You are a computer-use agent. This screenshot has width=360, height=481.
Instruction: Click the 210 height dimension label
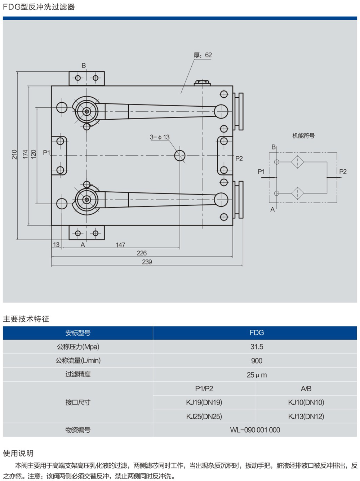click(x=14, y=155)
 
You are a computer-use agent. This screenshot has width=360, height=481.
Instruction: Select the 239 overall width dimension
click(x=147, y=262)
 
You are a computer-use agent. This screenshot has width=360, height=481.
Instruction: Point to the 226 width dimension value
click(x=142, y=253)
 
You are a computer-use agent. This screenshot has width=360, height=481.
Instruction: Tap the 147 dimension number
click(x=120, y=245)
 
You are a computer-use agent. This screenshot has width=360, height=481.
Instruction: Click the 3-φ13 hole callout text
click(x=160, y=137)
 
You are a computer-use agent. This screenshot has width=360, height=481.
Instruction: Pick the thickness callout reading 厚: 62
click(x=203, y=55)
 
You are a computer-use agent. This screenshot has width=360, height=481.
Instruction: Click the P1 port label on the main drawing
click(x=47, y=152)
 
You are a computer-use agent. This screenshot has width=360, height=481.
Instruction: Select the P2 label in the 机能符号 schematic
click(x=343, y=172)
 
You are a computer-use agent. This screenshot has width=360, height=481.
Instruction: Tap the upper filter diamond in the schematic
click(x=298, y=162)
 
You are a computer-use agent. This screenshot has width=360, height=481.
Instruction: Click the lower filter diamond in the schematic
click(x=298, y=193)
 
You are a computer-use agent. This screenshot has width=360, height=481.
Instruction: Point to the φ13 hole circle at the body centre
click(x=180, y=156)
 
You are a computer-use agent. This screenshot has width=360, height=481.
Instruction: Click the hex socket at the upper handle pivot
click(x=87, y=112)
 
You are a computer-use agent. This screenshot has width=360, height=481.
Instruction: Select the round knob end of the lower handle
click(x=221, y=200)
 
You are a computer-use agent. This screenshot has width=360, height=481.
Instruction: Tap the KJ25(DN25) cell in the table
click(x=204, y=417)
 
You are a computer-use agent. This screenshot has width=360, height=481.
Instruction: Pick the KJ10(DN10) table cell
click(x=306, y=402)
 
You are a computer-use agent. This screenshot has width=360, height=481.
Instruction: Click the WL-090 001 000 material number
click(x=255, y=430)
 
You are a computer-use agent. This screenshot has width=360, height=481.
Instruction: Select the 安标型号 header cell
click(x=78, y=333)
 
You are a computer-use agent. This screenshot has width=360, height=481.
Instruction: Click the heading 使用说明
click(x=18, y=453)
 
